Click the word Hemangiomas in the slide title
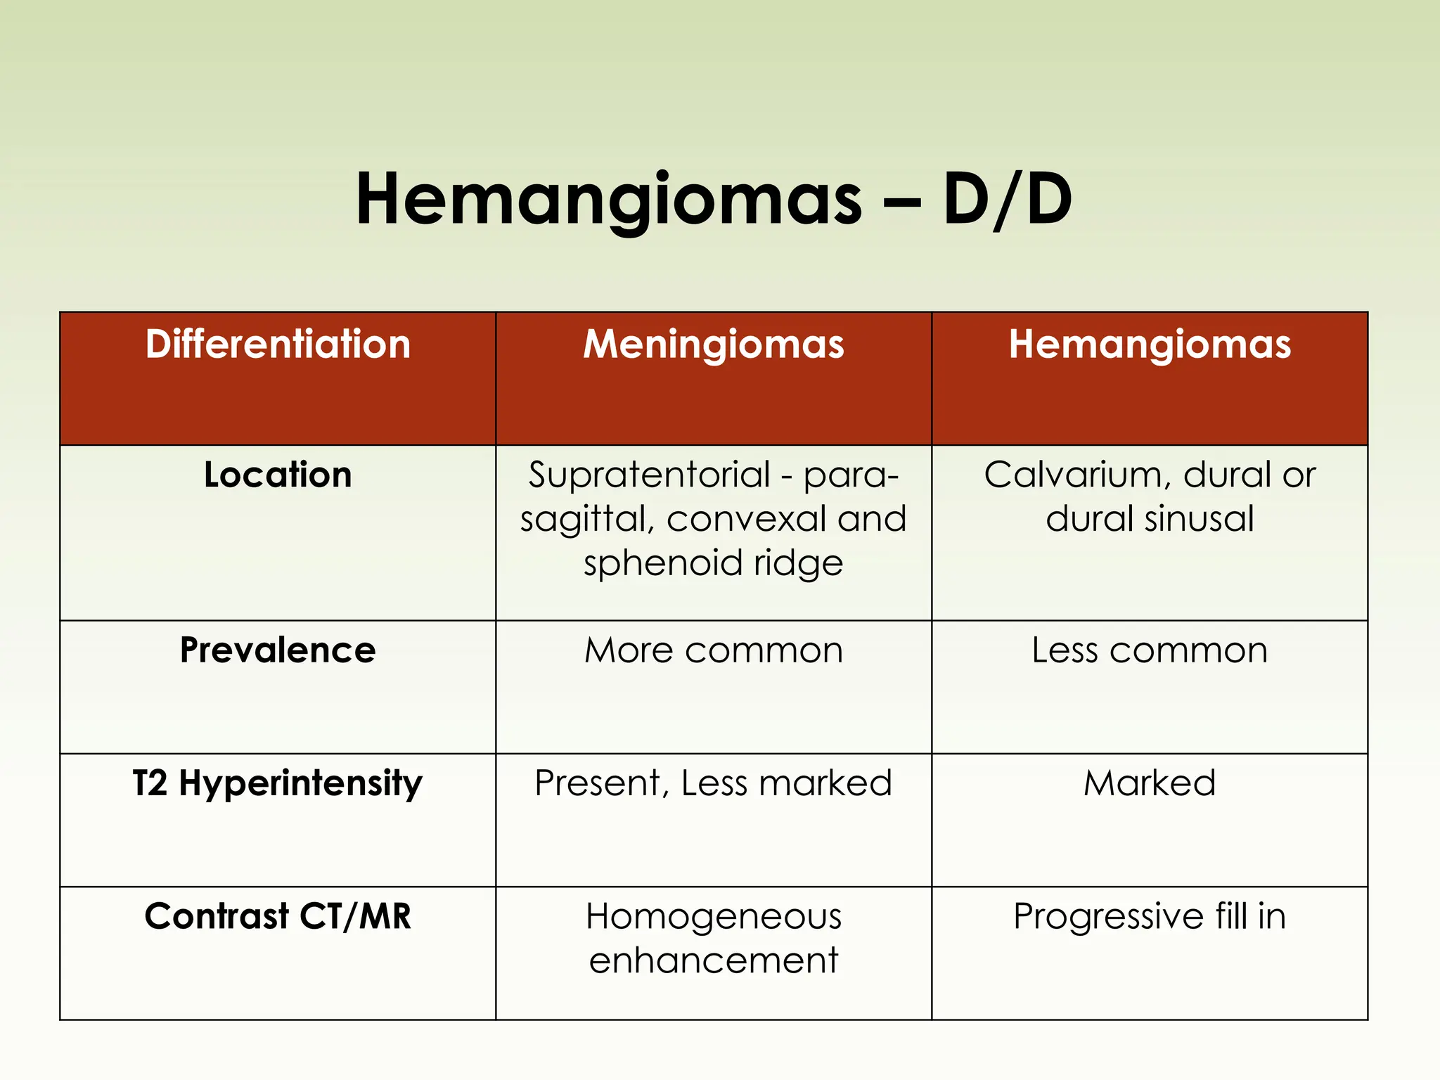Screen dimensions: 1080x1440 pyautogui.click(x=608, y=200)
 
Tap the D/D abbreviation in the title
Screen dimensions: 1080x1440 pyautogui.click(x=1007, y=200)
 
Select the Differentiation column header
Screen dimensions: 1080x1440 pyautogui.click(x=278, y=345)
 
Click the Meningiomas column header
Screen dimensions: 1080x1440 pyautogui.click(x=714, y=345)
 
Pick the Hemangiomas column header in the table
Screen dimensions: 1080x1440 pyautogui.click(x=1150, y=345)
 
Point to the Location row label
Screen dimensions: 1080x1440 pyautogui.click(x=278, y=475)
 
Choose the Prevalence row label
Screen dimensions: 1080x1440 pyautogui.click(x=278, y=650)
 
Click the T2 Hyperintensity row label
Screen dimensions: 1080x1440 pyautogui.click(x=278, y=783)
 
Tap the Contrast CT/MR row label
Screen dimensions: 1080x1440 pyautogui.click(x=278, y=916)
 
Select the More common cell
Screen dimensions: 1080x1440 pyautogui.click(x=714, y=650)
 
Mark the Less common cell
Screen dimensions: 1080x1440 pyautogui.click(x=1150, y=650)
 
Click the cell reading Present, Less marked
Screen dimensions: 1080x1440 pyautogui.click(x=714, y=783)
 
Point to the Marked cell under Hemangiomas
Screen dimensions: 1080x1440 pyautogui.click(x=1150, y=783)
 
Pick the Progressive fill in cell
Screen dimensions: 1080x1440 pyautogui.click(x=1150, y=916)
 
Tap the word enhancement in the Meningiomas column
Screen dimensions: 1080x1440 pyautogui.click(x=714, y=960)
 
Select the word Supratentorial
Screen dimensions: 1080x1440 pyautogui.click(x=650, y=475)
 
